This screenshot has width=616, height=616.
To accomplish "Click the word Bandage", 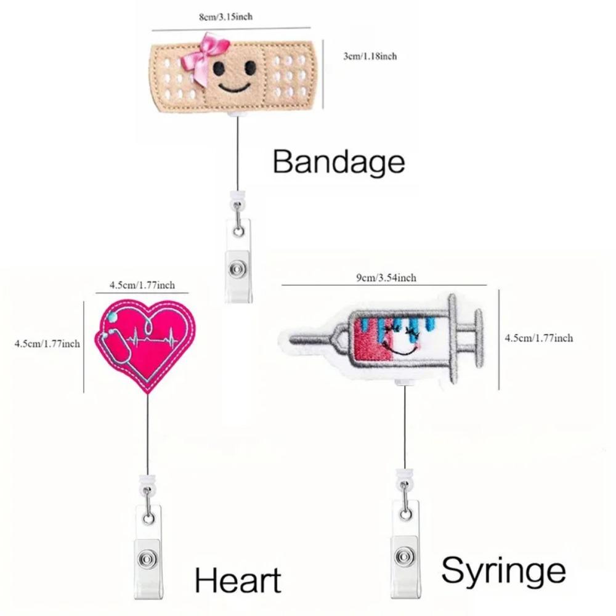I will point(339,162).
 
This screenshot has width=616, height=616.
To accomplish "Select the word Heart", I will point(238,580).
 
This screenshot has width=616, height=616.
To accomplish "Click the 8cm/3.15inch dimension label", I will point(225,17).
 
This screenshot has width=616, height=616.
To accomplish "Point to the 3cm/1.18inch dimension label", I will point(370,56).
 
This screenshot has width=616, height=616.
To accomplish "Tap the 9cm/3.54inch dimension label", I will point(386,278).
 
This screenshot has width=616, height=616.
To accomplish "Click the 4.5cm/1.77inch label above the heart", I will point(142,285).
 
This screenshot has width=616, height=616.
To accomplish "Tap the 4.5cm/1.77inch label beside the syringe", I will point(539,338).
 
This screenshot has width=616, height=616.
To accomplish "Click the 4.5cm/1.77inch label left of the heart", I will point(47,344).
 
